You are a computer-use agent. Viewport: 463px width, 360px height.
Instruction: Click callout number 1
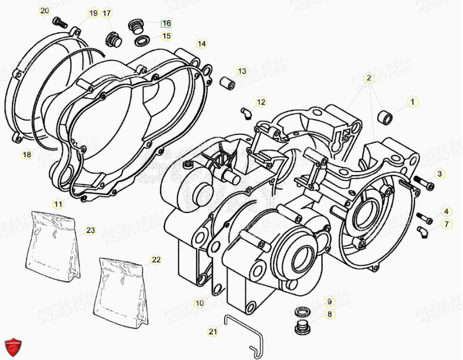[412, 102]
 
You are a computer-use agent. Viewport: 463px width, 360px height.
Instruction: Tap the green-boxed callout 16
[166, 23]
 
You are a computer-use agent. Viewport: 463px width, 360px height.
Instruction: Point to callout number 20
[45, 10]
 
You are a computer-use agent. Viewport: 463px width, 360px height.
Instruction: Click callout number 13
[242, 70]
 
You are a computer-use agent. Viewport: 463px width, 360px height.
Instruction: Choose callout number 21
[213, 332]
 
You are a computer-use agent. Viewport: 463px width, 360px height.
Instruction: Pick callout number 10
[199, 304]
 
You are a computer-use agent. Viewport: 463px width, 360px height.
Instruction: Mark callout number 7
[446, 224]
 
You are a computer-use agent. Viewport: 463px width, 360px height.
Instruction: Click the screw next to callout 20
[60, 22]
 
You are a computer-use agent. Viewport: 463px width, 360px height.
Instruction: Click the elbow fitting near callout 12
[246, 110]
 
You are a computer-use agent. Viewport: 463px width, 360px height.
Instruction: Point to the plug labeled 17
[112, 37]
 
